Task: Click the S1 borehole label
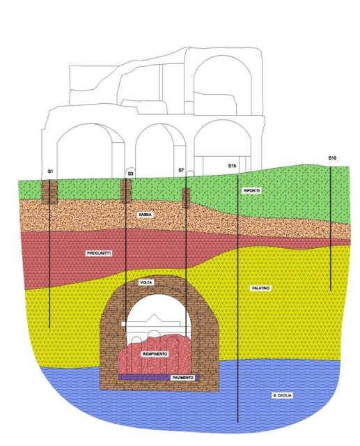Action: (50, 171)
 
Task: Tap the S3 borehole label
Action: (130, 174)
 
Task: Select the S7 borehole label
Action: (181, 170)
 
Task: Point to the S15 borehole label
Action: (232, 166)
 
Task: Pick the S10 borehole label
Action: (332, 158)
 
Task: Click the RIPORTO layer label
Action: (252, 190)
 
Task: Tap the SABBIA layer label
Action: (145, 215)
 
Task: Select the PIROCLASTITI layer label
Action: (99, 254)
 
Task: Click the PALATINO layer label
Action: (260, 288)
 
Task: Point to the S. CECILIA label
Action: (282, 395)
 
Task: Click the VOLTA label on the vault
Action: (146, 282)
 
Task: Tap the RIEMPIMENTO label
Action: (155, 354)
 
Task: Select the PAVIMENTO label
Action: (183, 378)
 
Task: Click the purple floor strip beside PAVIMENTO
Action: (144, 378)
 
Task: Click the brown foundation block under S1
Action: (49, 192)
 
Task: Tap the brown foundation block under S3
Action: (126, 191)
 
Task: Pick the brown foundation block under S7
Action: (186, 198)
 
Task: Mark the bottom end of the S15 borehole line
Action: (237, 422)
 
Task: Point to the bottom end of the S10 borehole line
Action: (331, 290)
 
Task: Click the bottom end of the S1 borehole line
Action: (49, 328)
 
